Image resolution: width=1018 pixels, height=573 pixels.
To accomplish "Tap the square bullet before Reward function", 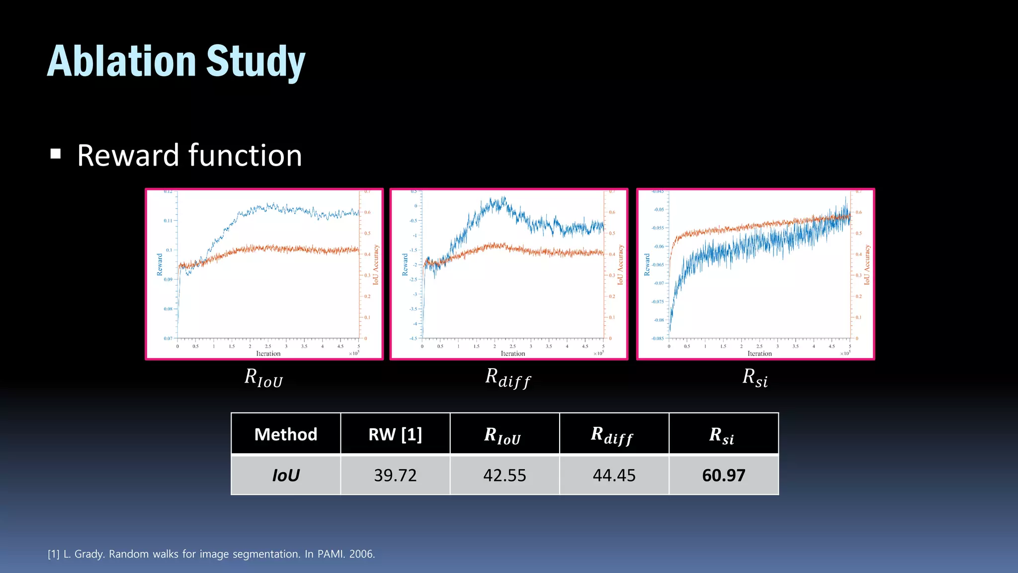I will [x=56, y=154].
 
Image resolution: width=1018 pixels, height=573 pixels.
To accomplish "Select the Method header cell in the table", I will [x=285, y=434].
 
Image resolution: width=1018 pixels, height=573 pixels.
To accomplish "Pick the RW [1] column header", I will [x=395, y=434].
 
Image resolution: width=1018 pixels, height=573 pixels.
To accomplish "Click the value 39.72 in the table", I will [x=395, y=475].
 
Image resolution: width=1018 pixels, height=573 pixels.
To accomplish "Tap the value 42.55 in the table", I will [x=504, y=475].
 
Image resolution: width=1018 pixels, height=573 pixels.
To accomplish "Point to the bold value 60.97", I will [x=723, y=475].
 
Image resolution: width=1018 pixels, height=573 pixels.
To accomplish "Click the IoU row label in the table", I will [x=285, y=475].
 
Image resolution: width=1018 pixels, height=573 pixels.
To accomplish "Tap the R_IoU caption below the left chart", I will [x=263, y=378].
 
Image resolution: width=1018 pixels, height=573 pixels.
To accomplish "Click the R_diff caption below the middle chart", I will [x=508, y=378].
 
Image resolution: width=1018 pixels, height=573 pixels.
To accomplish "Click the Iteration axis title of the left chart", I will [x=268, y=354].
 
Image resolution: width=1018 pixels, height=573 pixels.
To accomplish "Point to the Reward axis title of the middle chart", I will [x=405, y=265].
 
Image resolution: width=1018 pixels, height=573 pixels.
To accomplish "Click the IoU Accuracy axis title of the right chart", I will [x=867, y=265].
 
